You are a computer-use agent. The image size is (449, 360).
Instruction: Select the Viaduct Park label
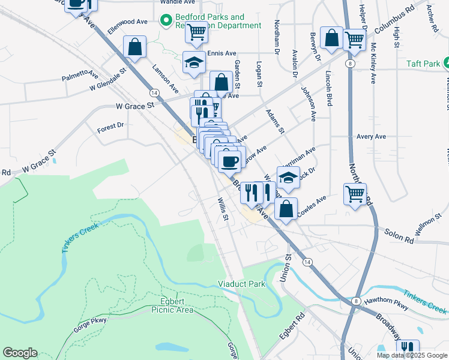(x=241, y=284)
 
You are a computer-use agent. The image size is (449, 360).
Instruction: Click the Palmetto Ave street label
(x=80, y=76)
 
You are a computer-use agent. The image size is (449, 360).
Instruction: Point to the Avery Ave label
(x=371, y=136)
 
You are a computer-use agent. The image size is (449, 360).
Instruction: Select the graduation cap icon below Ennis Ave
(x=194, y=62)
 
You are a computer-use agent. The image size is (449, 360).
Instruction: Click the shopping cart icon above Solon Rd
(x=355, y=193)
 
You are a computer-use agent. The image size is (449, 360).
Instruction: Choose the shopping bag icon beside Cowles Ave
(x=286, y=208)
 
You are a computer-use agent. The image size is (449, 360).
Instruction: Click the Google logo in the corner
(x=20, y=353)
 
